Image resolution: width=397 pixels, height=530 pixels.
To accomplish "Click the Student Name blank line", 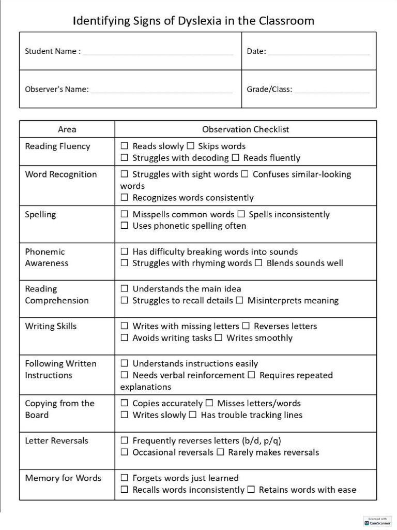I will (158, 53).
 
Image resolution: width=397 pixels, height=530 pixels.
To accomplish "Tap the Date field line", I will (318, 53).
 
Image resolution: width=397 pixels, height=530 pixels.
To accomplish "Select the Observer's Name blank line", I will (161, 92).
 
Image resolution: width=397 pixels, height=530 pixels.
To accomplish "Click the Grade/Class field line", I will (332, 92).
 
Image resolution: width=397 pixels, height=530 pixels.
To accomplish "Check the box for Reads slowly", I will (124, 146).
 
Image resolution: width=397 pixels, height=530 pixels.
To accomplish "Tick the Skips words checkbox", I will (190, 146).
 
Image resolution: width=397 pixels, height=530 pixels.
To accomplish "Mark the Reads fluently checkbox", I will (236, 158).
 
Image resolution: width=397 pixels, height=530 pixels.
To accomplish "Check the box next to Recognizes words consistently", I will (124, 198).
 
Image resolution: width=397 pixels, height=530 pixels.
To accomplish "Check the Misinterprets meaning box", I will (240, 300).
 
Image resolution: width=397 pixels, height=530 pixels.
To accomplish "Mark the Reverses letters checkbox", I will (246, 326).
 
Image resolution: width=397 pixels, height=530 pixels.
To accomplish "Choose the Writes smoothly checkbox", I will (219, 338).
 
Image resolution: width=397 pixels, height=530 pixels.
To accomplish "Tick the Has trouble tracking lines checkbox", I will (193, 415).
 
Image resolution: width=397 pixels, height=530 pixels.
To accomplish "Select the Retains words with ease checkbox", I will (251, 490).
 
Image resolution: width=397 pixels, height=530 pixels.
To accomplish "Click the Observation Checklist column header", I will (246, 129).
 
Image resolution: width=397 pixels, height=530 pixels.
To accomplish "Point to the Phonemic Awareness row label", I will (47, 257).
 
